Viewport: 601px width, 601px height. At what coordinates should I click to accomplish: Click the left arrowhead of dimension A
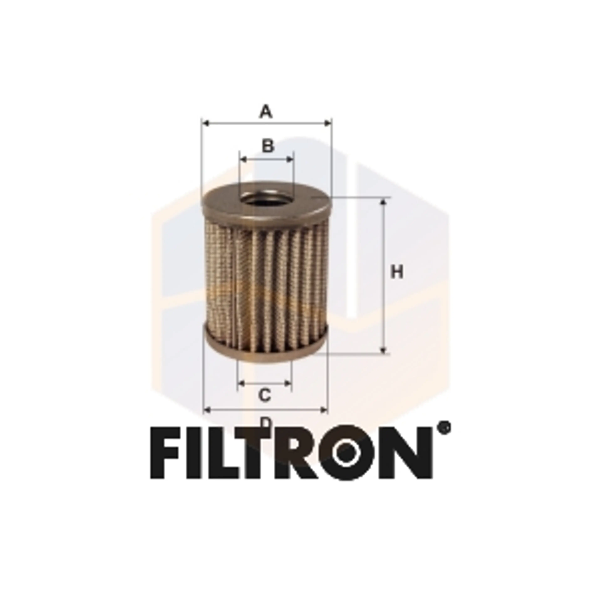click(x=205, y=123)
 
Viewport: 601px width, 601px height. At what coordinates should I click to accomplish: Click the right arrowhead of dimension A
click(x=328, y=123)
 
